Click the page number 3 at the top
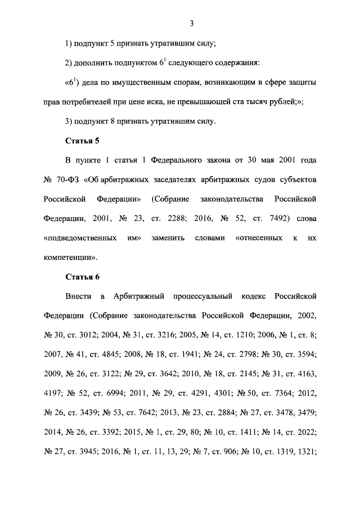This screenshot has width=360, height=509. (x=192, y=23)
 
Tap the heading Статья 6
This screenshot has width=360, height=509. (x=82, y=276)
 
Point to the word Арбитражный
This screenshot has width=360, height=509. (x=139, y=296)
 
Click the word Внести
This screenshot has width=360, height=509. (x=78, y=296)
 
